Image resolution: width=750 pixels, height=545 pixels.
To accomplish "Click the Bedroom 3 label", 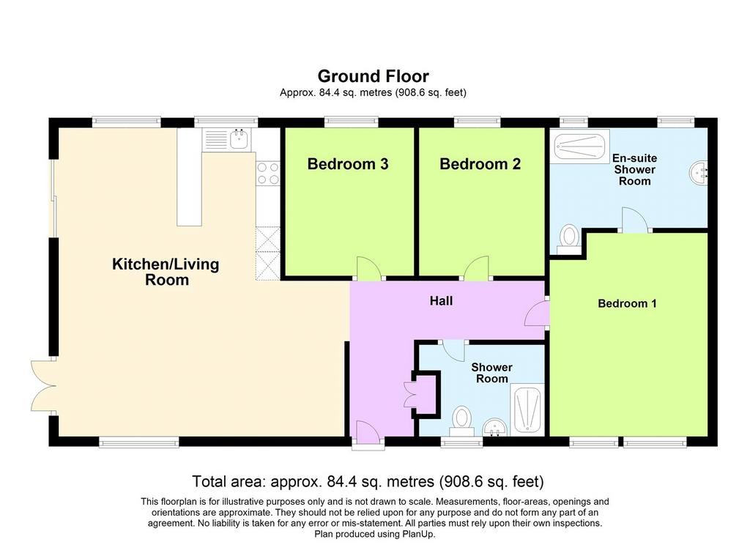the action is coord(348,164).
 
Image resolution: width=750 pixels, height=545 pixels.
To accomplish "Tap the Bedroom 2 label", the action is coord(480,164).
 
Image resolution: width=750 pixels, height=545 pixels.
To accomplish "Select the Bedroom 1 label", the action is coord(627,303).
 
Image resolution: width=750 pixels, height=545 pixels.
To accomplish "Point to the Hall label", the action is coord(441,301).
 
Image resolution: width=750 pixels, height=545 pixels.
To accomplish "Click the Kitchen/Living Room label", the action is coord(166,272).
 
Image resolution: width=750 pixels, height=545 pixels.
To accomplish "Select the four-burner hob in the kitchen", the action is coord(268,174).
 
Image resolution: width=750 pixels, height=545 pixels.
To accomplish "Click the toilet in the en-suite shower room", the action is coord(569,240).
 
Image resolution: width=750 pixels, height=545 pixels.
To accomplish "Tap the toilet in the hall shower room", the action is coord(461,421).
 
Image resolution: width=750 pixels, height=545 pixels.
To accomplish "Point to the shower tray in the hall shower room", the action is coord(527,409).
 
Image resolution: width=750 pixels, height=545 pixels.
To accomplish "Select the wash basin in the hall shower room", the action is coord(494,427).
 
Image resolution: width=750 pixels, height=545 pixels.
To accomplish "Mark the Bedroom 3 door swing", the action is coord(369,268).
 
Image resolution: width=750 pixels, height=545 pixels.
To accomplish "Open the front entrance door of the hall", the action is coord(368,432).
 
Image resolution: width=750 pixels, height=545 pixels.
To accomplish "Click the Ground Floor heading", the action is coord(374,76).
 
